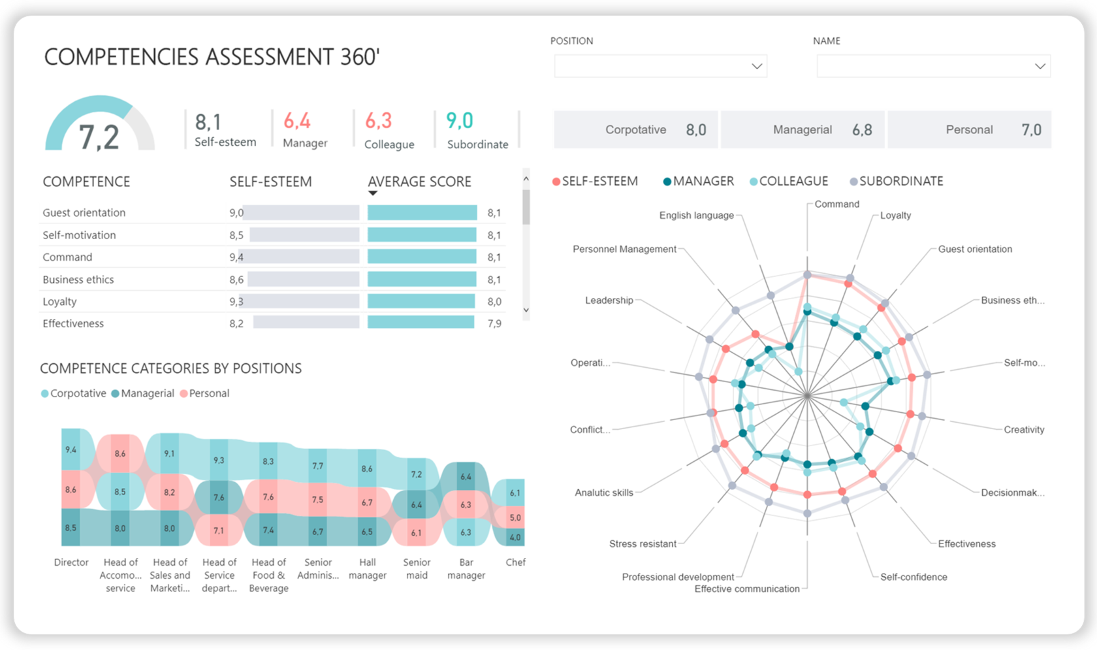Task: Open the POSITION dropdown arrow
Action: click(756, 66)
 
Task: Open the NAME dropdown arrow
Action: click(1040, 66)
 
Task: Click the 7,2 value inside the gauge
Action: click(99, 137)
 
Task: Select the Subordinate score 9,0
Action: click(459, 121)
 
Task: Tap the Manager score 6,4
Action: click(296, 121)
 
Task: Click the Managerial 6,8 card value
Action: click(862, 130)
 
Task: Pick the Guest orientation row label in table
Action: click(84, 212)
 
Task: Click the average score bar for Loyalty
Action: click(421, 301)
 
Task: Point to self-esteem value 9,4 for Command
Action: click(236, 257)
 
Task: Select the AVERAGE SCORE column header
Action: click(419, 182)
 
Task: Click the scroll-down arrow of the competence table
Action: click(526, 310)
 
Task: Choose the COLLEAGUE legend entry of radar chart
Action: click(793, 181)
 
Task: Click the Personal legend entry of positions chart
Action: click(208, 393)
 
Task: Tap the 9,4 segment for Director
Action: click(71, 449)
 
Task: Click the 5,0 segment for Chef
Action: click(515, 517)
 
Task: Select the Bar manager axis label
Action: click(466, 568)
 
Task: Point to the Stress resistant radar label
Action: click(642, 544)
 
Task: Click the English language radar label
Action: click(696, 215)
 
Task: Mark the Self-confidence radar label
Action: click(913, 577)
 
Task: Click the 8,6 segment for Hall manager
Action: click(367, 468)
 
